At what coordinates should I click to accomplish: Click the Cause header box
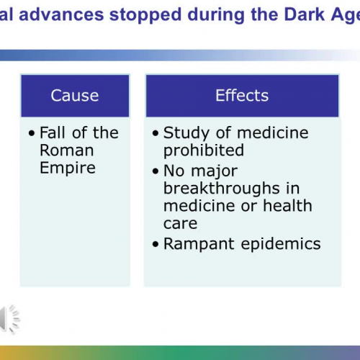coord(75,95)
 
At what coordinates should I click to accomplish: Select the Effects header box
coord(241,95)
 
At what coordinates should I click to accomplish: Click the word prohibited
coord(204,150)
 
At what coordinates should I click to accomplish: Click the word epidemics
coord(279,243)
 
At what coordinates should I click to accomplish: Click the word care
coord(180,224)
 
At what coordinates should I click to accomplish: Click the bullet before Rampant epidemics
coord(156,245)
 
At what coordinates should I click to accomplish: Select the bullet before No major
coord(156,171)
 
